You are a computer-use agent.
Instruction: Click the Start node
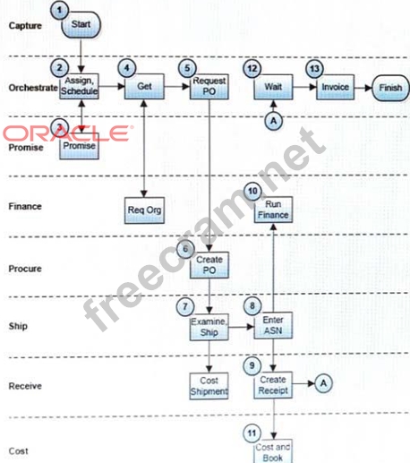pos(81,25)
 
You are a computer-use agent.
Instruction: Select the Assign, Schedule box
pos(79,86)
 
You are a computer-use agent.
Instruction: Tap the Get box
pos(144,87)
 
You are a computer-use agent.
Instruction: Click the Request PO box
pos(209,87)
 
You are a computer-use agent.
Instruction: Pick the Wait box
pos(273,87)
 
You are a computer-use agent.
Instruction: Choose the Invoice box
pos(336,87)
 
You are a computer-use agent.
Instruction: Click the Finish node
pos(390,88)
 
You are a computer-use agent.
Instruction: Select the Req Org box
pos(144,210)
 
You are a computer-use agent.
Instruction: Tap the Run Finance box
pos(273,210)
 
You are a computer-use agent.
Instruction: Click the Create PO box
pos(209,265)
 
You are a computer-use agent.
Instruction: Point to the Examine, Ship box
pos(209,327)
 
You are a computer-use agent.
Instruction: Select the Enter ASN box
pos(273,325)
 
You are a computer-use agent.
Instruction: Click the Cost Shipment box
pos(209,386)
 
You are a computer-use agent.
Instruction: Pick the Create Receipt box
pos(273,385)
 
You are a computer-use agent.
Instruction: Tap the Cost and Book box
pos(273,451)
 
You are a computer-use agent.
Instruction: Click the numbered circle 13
pos(315,69)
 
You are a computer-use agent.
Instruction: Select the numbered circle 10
pos(252,192)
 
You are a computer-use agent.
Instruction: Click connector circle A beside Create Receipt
pos(323,383)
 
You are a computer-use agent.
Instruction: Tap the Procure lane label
pos(25,269)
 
